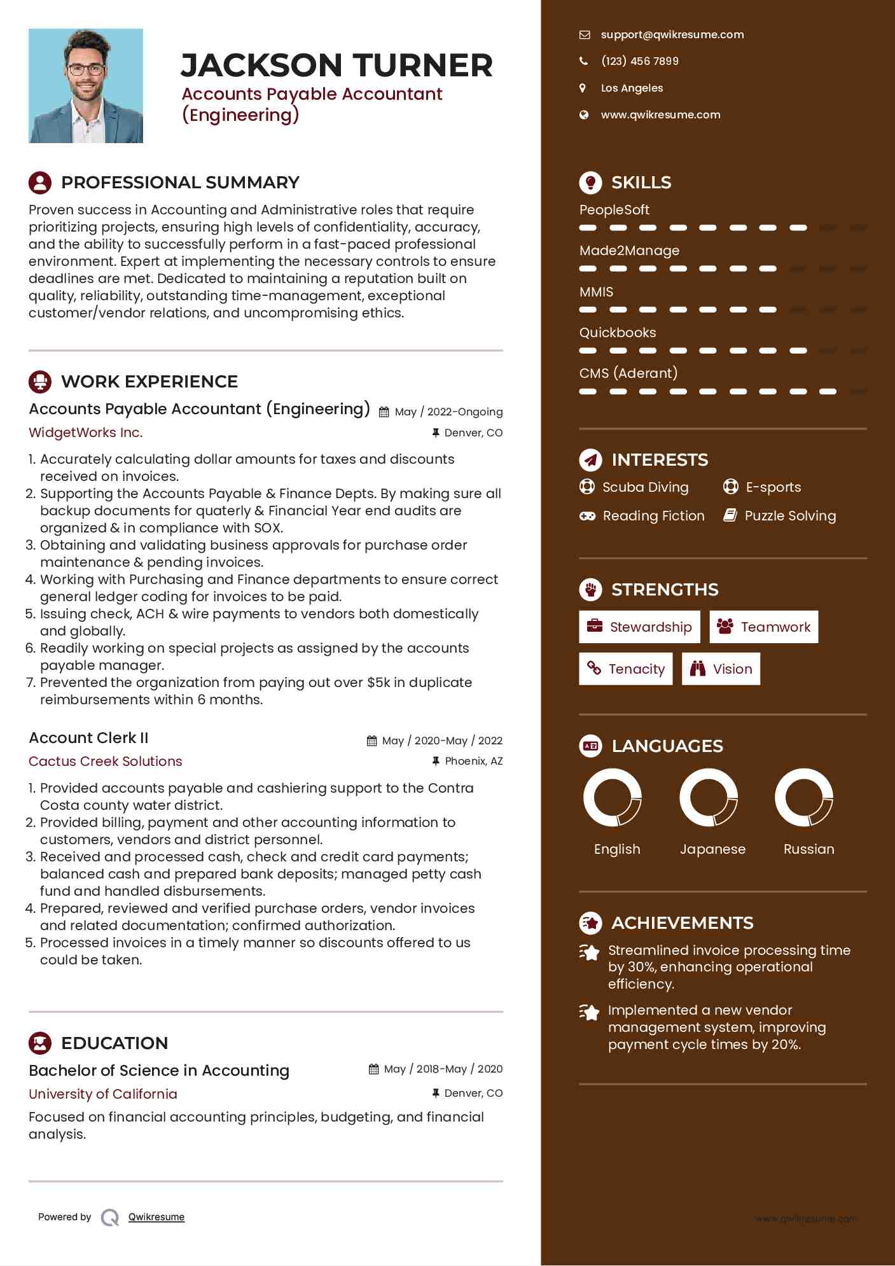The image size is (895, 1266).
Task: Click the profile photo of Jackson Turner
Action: click(86, 86)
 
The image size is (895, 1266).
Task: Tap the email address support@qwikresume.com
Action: click(672, 35)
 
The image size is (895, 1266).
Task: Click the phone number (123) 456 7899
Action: click(639, 61)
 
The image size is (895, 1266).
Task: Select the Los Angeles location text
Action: click(632, 88)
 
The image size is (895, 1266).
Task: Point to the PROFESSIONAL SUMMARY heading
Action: click(180, 183)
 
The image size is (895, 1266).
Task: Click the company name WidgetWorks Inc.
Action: click(86, 433)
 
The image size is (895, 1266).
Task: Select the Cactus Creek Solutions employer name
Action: click(106, 762)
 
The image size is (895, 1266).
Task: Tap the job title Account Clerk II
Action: click(88, 738)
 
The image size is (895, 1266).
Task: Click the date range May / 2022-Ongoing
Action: click(448, 412)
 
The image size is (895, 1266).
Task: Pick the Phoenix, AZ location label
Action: click(473, 761)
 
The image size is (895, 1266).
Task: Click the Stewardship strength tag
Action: click(639, 627)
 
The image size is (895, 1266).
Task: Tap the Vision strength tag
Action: click(721, 669)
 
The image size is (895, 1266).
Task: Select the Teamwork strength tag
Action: click(763, 627)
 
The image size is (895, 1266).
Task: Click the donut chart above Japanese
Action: click(709, 797)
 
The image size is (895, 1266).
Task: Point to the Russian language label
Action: click(808, 849)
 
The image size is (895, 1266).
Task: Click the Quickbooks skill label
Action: click(618, 333)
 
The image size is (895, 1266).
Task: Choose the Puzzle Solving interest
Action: click(790, 516)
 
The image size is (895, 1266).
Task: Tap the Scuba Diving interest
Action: click(645, 487)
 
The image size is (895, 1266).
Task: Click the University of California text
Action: click(103, 1094)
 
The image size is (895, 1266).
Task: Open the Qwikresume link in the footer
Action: click(156, 1217)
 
